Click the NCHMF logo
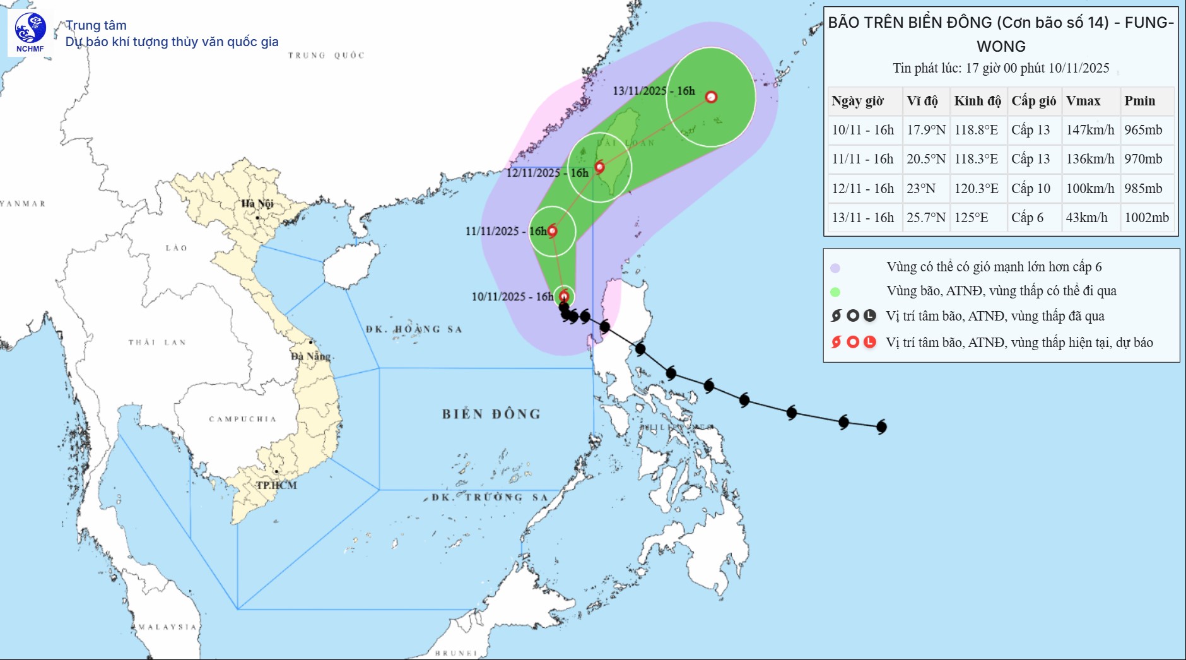pyautogui.click(x=30, y=33)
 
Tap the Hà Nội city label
pyautogui.click(x=257, y=203)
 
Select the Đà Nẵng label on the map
pyautogui.click(x=310, y=357)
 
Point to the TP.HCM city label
pyautogui.click(x=276, y=485)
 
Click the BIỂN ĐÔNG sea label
pyautogui.click(x=491, y=415)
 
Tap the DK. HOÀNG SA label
pyautogui.click(x=414, y=329)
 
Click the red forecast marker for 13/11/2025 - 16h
pyautogui.click(x=711, y=97)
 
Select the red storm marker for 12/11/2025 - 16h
pyautogui.click(x=599, y=167)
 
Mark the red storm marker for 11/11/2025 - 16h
pyautogui.click(x=552, y=231)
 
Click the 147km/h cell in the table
pyautogui.click(x=1090, y=130)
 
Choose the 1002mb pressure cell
pyautogui.click(x=1146, y=218)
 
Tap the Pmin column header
pyautogui.click(x=1139, y=101)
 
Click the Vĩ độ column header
pyautogui.click(x=922, y=101)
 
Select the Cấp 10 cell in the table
pyautogui.click(x=1031, y=189)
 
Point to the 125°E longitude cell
pyautogui.click(x=971, y=218)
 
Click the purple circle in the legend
pyautogui.click(x=835, y=268)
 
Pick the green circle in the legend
pyautogui.click(x=835, y=292)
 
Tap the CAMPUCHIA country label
pyautogui.click(x=243, y=419)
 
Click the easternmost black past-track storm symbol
pyautogui.click(x=881, y=427)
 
